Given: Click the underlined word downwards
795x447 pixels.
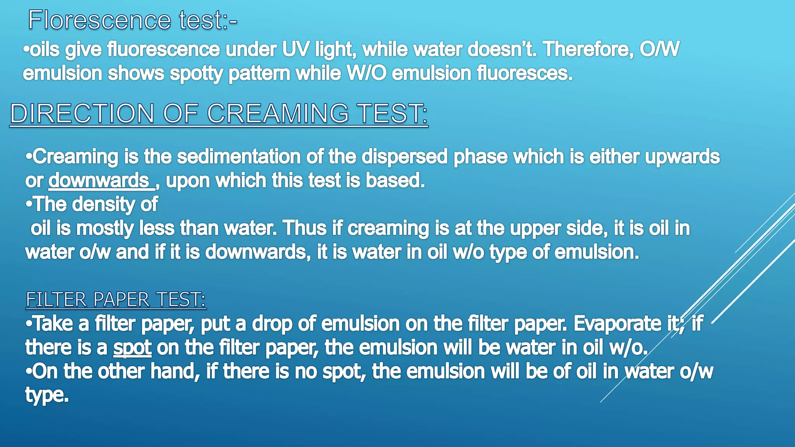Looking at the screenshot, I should (99, 181).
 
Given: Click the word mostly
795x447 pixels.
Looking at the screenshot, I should (105, 229).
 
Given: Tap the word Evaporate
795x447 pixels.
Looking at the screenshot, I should (617, 324).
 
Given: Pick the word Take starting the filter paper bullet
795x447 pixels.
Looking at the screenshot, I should (53, 324).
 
